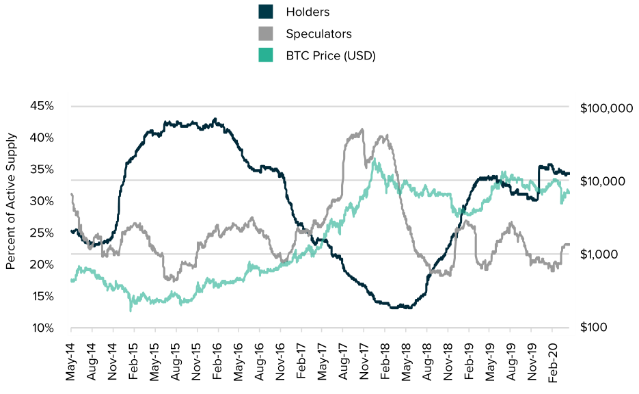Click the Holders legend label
coord(308,12)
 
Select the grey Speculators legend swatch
coord(266,34)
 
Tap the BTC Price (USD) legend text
coord(331,55)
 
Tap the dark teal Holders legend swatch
coord(266,12)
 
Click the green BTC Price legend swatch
coord(266,55)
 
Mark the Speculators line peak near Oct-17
coord(362,129)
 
